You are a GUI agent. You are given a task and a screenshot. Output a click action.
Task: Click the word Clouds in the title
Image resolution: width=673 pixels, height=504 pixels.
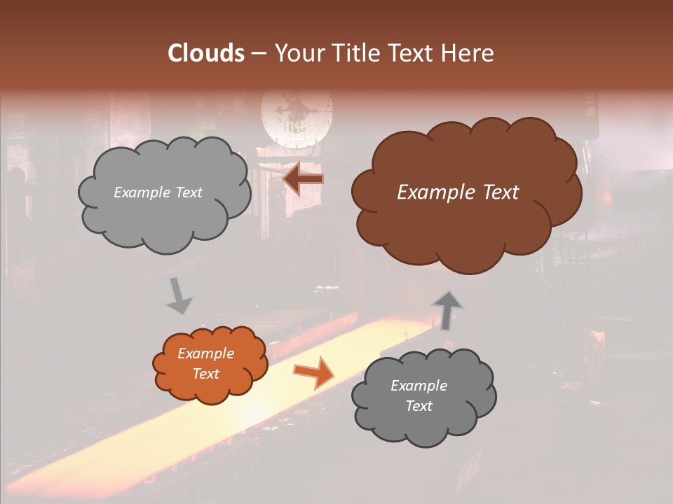click(x=206, y=53)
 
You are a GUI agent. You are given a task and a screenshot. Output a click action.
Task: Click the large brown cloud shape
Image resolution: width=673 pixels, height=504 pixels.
click(x=466, y=210)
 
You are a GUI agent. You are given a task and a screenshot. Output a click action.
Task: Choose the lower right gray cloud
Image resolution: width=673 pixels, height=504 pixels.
click(x=424, y=420)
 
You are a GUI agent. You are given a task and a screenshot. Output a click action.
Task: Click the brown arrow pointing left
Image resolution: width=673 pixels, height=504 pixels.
click(x=304, y=179)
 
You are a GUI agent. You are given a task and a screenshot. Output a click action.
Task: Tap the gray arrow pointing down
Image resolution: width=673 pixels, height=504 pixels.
click(x=179, y=295)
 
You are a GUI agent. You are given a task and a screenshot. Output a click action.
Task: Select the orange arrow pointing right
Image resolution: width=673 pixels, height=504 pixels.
click(x=314, y=371)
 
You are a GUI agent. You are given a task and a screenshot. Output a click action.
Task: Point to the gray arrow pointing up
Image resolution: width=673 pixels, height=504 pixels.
click(x=447, y=309)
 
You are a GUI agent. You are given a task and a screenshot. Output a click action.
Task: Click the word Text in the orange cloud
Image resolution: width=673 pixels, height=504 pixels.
click(x=206, y=374)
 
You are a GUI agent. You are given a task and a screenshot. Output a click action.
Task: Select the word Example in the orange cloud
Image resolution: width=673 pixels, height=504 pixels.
click(x=206, y=353)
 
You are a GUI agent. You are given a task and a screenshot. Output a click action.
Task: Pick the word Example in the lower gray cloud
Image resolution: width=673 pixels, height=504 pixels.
click(x=419, y=386)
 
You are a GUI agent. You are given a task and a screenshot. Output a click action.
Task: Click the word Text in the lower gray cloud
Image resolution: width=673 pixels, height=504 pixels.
click(x=419, y=406)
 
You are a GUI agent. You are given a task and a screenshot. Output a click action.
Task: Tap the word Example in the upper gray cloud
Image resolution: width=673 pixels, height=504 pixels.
click(x=140, y=192)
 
